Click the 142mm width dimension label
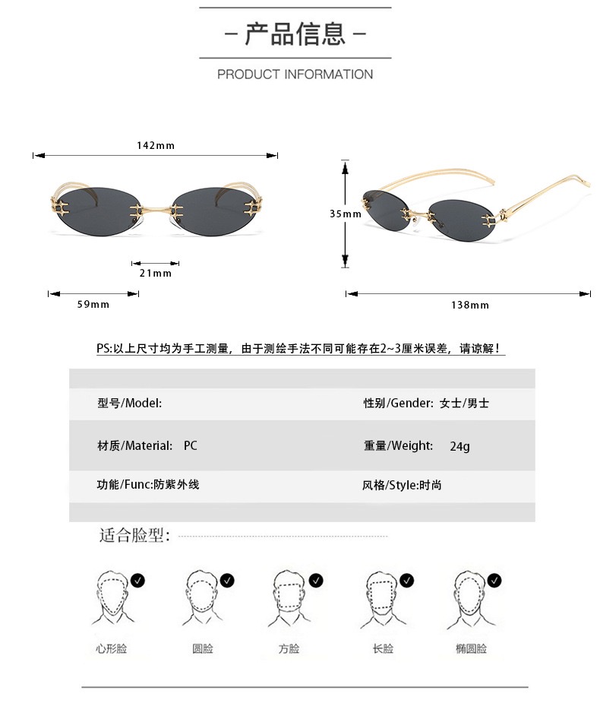coord(156,145)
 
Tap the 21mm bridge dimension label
coord(156,273)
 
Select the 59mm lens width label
coord(93,305)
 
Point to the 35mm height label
coord(346,214)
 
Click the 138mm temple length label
coord(470,306)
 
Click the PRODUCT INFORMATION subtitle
coord(295,74)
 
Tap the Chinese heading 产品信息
coord(295,33)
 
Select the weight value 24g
coord(460,446)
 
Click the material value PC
coord(191,446)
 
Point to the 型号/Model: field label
coord(130,403)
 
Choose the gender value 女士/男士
coord(465,403)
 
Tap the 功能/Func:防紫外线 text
coord(148,485)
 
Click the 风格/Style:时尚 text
coord(402,485)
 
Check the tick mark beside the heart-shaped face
coord(137,581)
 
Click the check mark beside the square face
coord(316,581)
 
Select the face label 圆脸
coord(203,648)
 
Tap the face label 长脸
coord(383,648)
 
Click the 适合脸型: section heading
coord(134,535)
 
